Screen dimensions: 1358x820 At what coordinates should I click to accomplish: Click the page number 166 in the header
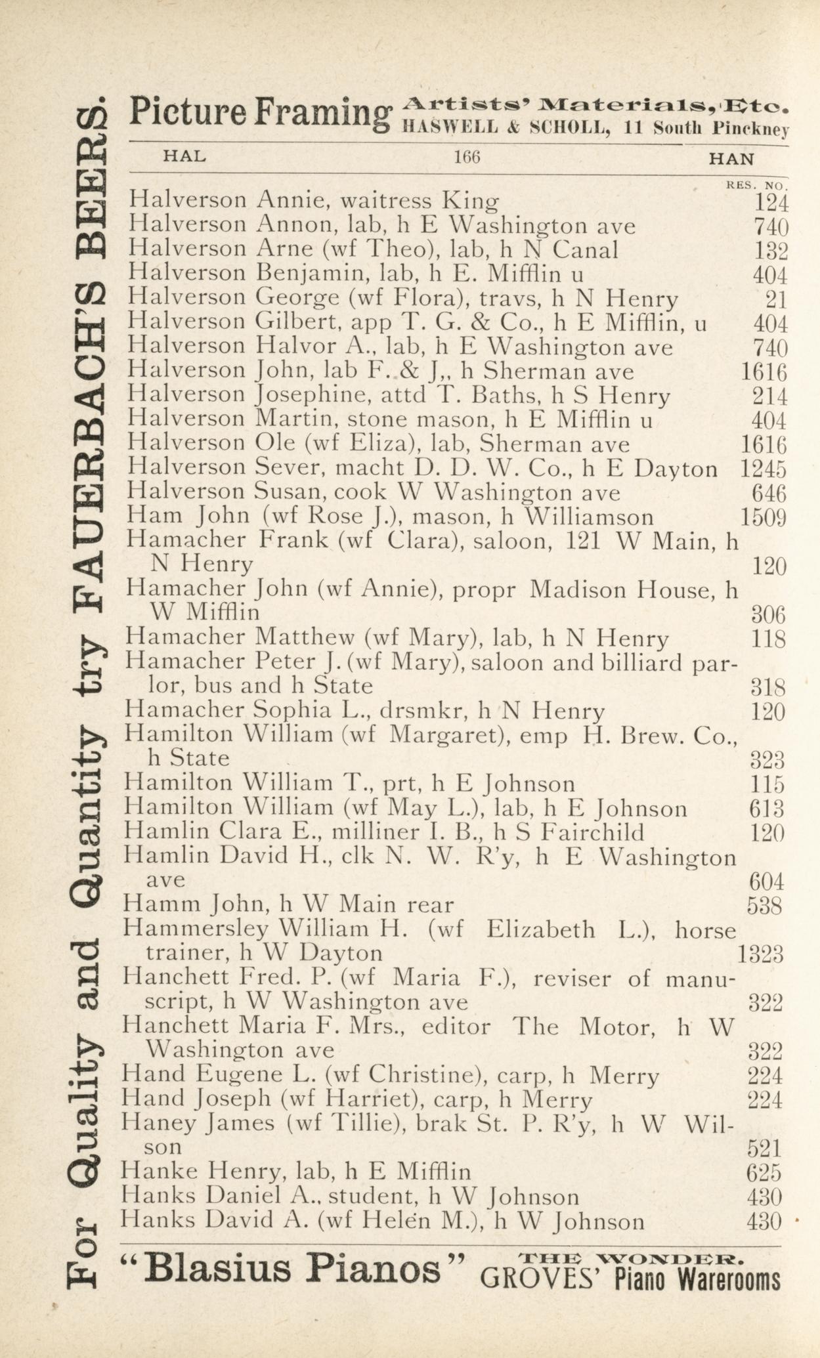(x=467, y=158)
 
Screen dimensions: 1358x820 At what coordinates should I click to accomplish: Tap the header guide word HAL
(x=184, y=157)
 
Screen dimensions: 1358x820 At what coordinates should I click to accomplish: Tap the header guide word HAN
(x=731, y=158)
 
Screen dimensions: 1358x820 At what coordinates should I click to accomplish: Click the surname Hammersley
(x=196, y=929)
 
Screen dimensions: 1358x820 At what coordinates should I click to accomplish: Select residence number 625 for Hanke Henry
(x=765, y=1172)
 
